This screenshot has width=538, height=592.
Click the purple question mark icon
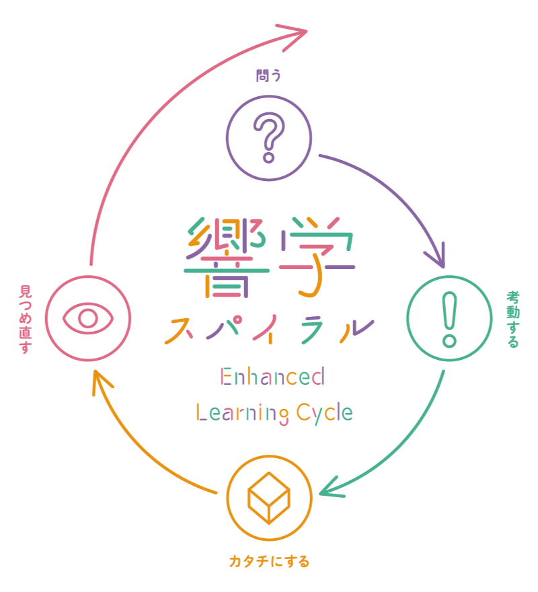(x=269, y=137)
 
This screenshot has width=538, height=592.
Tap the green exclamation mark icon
(x=449, y=319)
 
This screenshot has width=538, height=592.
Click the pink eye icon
(x=88, y=318)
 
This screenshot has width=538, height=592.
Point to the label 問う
(x=268, y=76)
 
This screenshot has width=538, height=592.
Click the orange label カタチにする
(x=269, y=560)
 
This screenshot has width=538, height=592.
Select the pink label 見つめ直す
(x=25, y=320)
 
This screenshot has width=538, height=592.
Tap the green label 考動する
(x=512, y=319)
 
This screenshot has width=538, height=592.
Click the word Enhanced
(x=272, y=376)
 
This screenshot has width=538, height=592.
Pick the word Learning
(x=237, y=412)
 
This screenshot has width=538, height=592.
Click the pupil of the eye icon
(x=88, y=318)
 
